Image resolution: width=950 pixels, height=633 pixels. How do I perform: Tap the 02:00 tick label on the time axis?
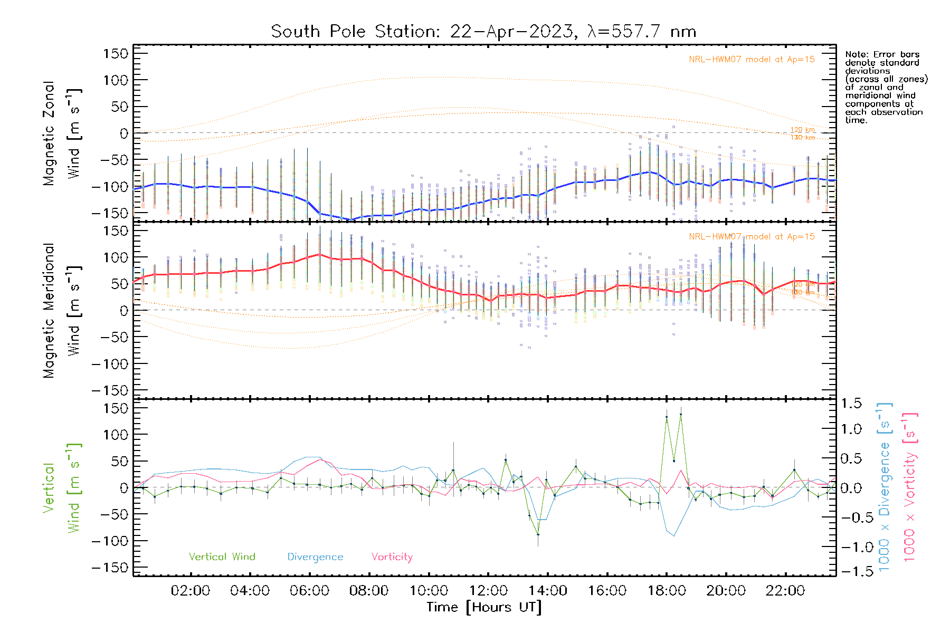tap(191, 591)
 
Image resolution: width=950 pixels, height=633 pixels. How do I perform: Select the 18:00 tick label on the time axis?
tap(667, 591)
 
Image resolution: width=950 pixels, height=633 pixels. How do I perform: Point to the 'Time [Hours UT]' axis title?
tap(484, 607)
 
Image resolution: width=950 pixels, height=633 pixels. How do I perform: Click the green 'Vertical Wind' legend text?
tap(222, 557)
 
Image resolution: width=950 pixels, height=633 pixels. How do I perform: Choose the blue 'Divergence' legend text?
tap(315, 557)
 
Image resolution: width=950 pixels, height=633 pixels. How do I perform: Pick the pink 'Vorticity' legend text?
tap(392, 557)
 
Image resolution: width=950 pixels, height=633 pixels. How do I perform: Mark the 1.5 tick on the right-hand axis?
tap(851, 404)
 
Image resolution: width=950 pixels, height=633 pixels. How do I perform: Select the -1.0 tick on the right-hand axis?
tap(851, 547)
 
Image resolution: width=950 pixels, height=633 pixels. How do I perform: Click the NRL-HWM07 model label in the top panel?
tap(752, 60)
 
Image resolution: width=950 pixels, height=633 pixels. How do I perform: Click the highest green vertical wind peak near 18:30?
tap(681, 415)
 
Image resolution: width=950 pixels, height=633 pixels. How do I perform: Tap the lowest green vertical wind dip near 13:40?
tap(538, 534)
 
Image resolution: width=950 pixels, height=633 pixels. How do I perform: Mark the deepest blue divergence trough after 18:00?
tap(674, 536)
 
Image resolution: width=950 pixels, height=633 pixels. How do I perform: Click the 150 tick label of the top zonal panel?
tap(116, 54)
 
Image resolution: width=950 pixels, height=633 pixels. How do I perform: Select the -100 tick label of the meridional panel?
tap(110, 364)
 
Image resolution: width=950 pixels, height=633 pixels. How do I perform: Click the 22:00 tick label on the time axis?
tap(785, 591)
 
